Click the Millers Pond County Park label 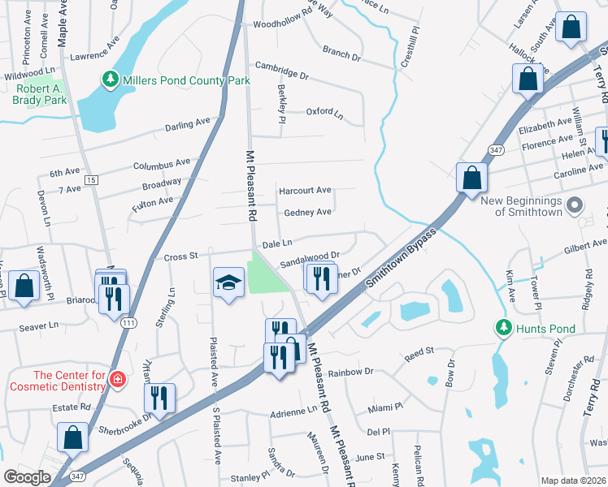[186, 80]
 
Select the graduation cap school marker [228, 282]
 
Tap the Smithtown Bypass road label [402, 259]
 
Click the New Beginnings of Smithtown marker [575, 205]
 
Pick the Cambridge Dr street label [282, 71]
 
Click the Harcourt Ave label [305, 191]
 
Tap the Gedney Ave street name [307, 212]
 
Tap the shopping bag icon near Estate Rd [73, 436]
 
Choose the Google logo [27, 477]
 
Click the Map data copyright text [573, 481]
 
